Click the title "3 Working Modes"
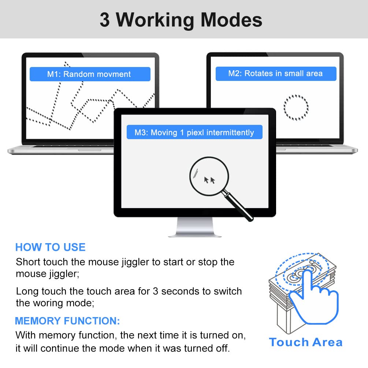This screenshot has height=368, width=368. coord(181,20)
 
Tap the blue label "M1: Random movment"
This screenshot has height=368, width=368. coord(89,74)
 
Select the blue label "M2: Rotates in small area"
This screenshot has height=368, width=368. coord(275,74)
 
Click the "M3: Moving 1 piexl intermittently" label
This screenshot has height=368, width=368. coord(194,133)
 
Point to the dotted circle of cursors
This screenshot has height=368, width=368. coord(296,107)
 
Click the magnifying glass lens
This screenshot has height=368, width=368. coord(209,176)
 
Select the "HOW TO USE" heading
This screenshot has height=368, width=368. coord(50,247)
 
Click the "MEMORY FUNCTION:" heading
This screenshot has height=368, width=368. coord(67,321)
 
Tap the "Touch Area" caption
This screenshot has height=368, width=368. coord(306,342)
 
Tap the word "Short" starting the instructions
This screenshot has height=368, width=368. coord(28,262)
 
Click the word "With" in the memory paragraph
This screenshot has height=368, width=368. coord(26,335)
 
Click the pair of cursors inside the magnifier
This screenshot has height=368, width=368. coord(209,180)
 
